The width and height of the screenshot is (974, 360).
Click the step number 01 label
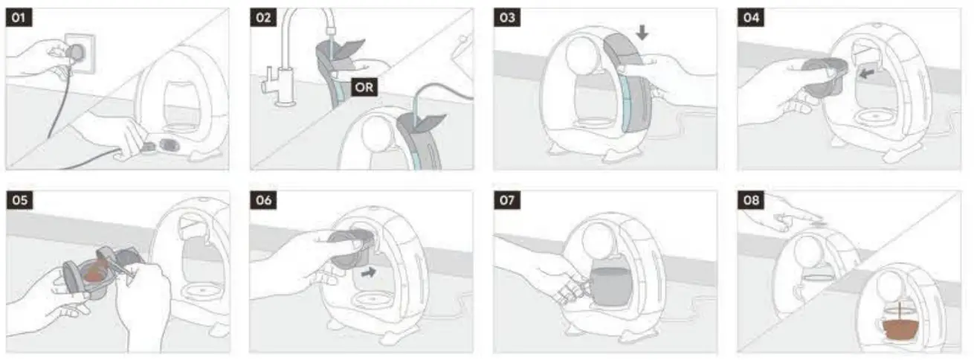pyautogui.click(x=19, y=17)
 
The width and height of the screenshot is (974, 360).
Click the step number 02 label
pyautogui.click(x=263, y=17)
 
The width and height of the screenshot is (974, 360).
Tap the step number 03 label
pyautogui.click(x=507, y=17)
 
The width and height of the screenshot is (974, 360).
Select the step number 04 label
pyautogui.click(x=751, y=17)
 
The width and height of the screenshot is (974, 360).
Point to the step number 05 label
pyautogui.click(x=19, y=200)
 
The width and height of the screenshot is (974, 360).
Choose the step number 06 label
pyautogui.click(x=263, y=200)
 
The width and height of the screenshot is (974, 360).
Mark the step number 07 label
pyautogui.click(x=507, y=200)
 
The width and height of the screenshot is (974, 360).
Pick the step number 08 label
pyautogui.click(x=751, y=200)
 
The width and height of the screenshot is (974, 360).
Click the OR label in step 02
pyautogui.click(x=364, y=87)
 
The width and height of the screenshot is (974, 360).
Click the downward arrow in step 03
pyautogui.click(x=642, y=32)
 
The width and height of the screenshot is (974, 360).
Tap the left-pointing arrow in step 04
pyautogui.click(x=867, y=74)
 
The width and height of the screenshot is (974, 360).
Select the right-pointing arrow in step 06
pyautogui.click(x=369, y=273)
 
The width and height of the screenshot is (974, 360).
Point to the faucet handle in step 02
pyautogui.click(x=268, y=80)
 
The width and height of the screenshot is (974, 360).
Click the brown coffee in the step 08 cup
pyautogui.click(x=899, y=329)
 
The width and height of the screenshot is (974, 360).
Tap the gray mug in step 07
pyautogui.click(x=609, y=286)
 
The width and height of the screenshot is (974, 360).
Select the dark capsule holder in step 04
pyautogui.click(x=823, y=77)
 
